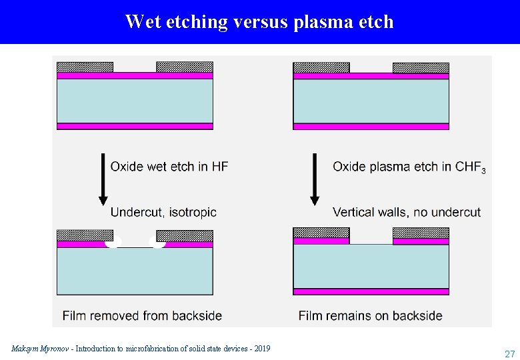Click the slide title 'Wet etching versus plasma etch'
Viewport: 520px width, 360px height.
(x=259, y=22)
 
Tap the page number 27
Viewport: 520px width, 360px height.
(x=509, y=354)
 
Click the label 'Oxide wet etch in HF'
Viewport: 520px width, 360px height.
(x=169, y=167)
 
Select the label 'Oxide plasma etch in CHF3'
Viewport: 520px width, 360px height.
(x=409, y=167)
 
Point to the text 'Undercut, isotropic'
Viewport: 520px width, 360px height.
(x=163, y=212)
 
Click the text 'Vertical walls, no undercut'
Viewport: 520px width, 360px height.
(x=407, y=212)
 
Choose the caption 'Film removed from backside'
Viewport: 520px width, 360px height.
(x=142, y=315)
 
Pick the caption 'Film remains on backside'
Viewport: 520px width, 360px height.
(x=370, y=315)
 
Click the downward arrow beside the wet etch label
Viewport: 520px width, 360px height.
(x=103, y=179)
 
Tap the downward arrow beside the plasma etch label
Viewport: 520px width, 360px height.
(x=315, y=179)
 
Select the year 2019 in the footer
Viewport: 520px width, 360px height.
(x=261, y=349)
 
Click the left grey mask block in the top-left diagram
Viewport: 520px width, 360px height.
(x=85, y=67)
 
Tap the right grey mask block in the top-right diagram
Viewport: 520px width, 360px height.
(x=421, y=67)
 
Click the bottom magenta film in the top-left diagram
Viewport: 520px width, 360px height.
(x=135, y=126)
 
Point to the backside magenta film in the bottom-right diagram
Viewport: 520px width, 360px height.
(x=371, y=291)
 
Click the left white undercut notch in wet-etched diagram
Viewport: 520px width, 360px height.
(x=113, y=244)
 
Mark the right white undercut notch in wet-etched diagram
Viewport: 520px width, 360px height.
(x=159, y=244)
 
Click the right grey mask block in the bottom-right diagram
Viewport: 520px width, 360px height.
(x=421, y=233)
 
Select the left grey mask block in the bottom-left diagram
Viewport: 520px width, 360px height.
(x=85, y=235)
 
